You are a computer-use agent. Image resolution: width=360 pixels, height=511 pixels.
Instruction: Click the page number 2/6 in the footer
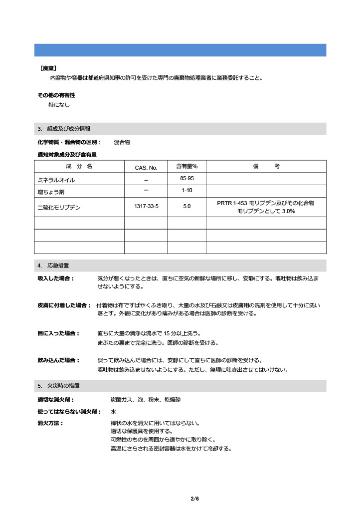pos(194,499)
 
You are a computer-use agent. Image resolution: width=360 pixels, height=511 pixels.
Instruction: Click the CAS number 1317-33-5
pos(146,206)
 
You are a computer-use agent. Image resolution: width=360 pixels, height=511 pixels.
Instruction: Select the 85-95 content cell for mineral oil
pos(187,178)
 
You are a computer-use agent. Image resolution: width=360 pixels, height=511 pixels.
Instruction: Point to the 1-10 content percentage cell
pos(187,190)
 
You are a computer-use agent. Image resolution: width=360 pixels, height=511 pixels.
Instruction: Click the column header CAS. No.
pos(146,168)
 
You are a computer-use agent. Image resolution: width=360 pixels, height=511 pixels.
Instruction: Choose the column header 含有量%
pos(187,167)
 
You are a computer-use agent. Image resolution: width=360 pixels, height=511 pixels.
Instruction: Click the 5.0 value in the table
pos(187,206)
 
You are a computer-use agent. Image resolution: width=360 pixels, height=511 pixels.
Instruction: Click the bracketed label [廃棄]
pos(48,68)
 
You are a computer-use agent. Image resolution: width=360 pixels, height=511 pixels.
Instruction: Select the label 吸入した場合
pos(56,278)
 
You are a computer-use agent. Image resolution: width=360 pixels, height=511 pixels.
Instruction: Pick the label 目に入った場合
pos(59,333)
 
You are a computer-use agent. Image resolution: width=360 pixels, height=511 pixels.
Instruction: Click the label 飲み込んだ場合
pos(59,360)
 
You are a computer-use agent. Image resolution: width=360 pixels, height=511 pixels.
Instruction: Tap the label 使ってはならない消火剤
pos(69,412)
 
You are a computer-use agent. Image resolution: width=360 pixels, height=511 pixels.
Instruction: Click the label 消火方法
pos(50,423)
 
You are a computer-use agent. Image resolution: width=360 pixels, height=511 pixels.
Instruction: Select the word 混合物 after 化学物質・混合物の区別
pos(122,142)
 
